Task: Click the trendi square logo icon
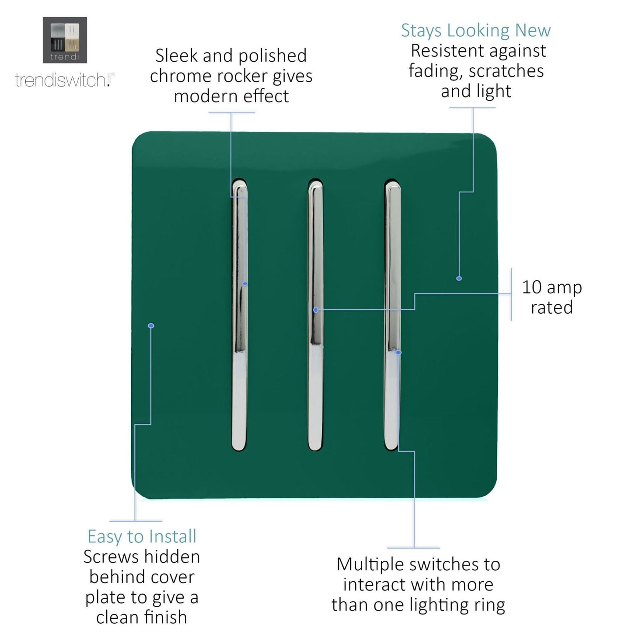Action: (x=65, y=40)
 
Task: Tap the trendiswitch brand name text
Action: (x=61, y=80)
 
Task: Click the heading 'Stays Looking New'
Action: (x=475, y=31)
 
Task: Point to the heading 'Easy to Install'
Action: (x=142, y=537)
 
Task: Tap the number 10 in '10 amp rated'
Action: (x=532, y=287)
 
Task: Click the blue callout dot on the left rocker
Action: (x=245, y=284)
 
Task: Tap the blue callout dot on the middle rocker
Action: (x=316, y=310)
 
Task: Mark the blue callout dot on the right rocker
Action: (x=398, y=352)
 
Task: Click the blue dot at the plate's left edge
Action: (x=151, y=326)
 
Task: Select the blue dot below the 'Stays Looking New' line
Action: (x=459, y=278)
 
